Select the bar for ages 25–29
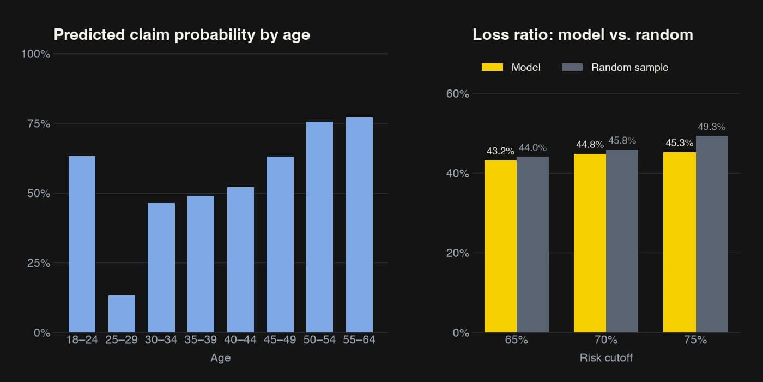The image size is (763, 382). [122, 314]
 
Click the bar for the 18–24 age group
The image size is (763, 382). [82, 244]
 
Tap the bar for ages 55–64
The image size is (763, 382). [359, 225]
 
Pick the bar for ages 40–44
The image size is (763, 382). [240, 260]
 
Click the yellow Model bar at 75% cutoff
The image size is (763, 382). [679, 242]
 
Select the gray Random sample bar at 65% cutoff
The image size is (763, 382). [533, 244]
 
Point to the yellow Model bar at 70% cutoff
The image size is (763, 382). [590, 243]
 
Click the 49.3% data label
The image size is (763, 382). [712, 127]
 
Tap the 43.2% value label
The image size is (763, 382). [500, 151]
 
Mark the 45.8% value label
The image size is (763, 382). [622, 141]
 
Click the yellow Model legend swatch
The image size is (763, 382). [492, 67]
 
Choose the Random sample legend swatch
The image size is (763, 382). [572, 67]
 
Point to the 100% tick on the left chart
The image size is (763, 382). [36, 54]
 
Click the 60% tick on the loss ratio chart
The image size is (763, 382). [457, 94]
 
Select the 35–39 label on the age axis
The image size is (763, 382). [201, 339]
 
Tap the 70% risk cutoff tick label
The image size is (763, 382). [606, 339]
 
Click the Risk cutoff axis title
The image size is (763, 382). [606, 358]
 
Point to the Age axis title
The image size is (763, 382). [220, 358]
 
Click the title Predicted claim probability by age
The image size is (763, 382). [182, 35]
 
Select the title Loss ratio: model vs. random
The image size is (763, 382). [583, 35]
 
